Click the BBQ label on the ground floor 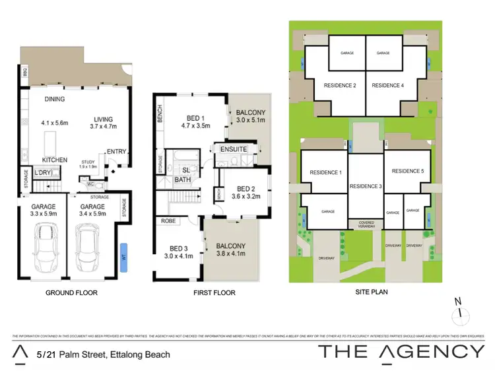[24, 71]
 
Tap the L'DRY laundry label [43, 173]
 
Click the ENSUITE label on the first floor [234, 150]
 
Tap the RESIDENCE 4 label [392, 85]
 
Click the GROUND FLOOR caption [71, 292]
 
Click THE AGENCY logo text [401, 351]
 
